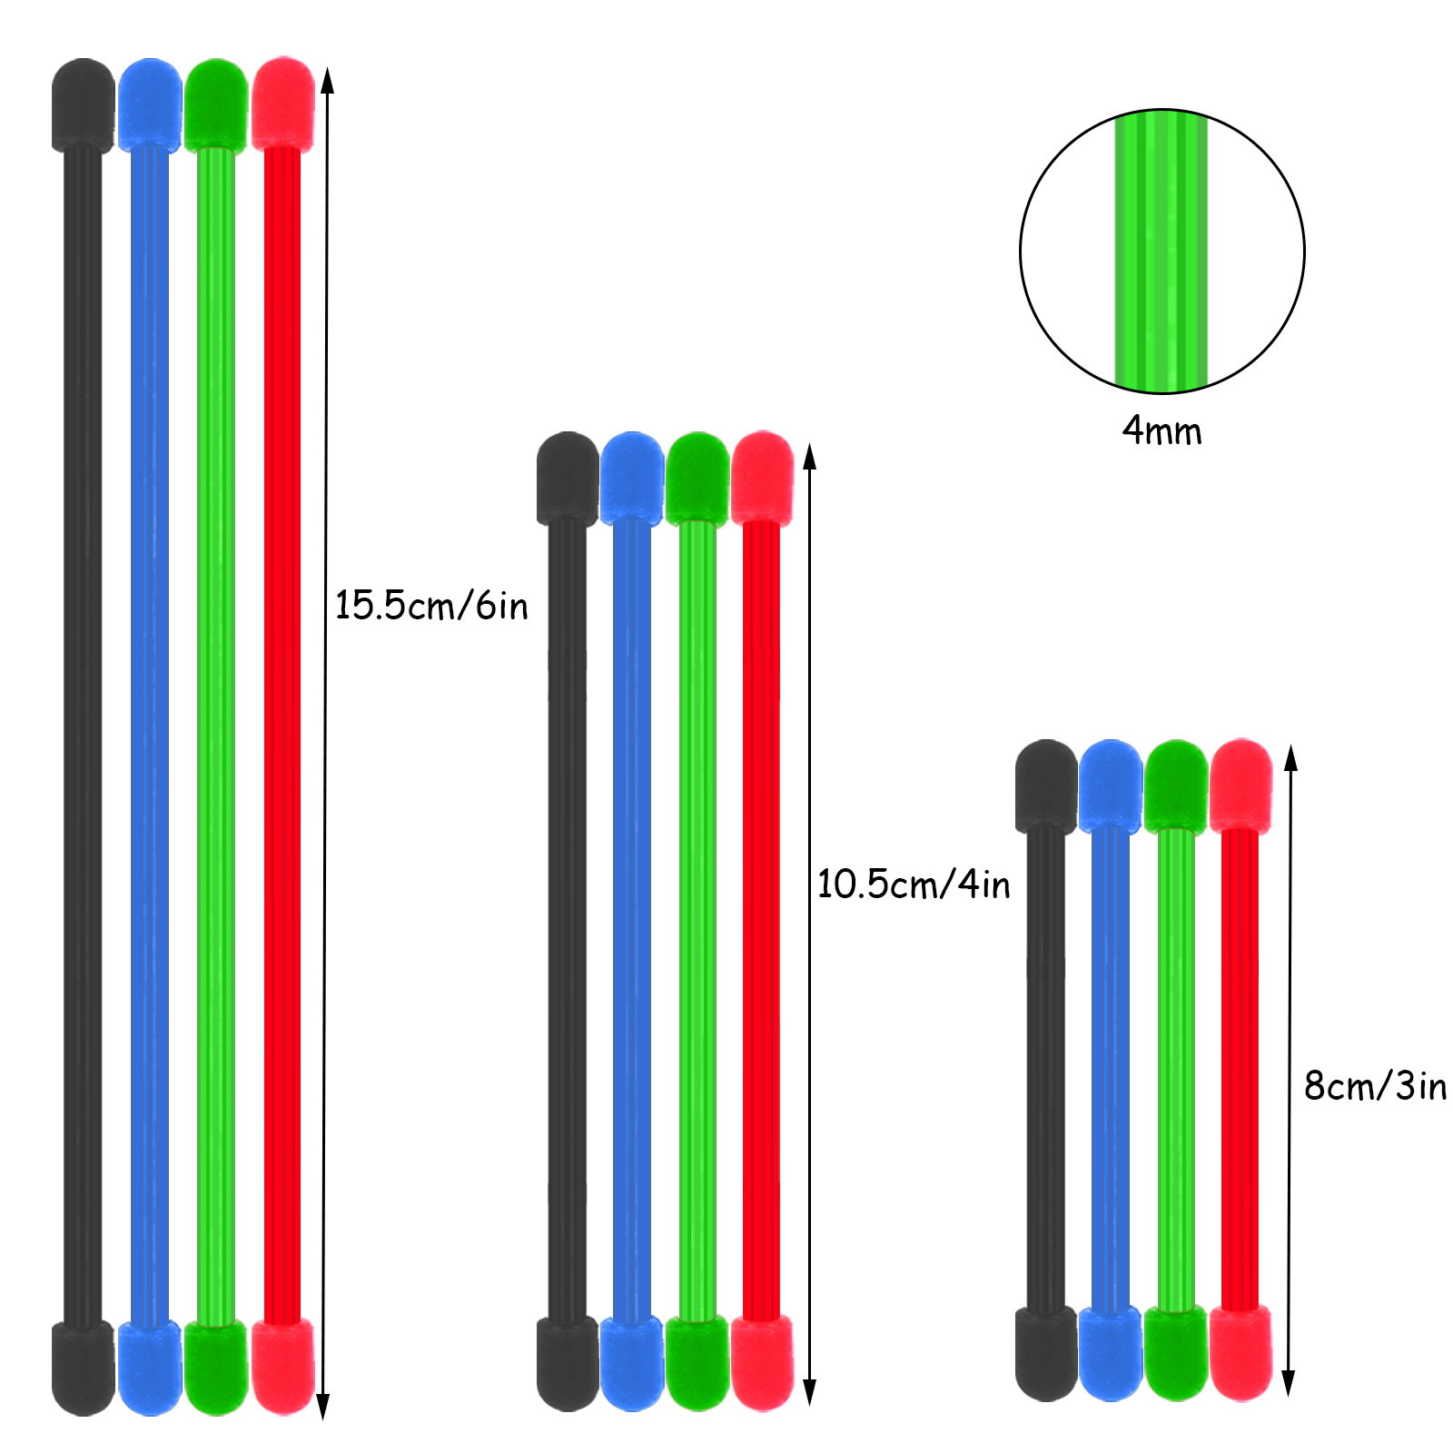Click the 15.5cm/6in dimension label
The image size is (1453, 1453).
coord(431,606)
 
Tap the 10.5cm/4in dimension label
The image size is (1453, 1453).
coord(914,884)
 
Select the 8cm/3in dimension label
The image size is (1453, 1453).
coord(1375,1086)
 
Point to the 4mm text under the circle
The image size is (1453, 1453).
coord(1161,430)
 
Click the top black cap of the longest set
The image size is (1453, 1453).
coord(84,104)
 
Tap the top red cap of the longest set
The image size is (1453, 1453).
coord(283,103)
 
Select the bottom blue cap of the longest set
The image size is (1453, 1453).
coord(150,1368)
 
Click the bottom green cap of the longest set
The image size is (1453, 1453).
coord(216,1367)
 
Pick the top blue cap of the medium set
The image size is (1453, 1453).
coord(632,478)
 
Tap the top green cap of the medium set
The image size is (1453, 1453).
coord(697,478)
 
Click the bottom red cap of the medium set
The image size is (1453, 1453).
coord(762,1362)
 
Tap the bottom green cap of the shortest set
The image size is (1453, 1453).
coord(1176,1352)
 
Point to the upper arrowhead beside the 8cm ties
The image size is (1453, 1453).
coord(1290,758)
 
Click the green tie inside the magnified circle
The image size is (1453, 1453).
coord(1161,252)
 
